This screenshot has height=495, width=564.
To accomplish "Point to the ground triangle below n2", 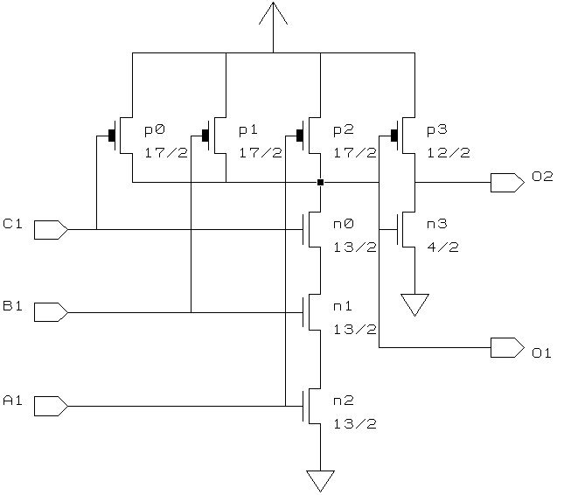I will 321,480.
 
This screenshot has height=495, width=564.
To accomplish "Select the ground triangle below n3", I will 414,303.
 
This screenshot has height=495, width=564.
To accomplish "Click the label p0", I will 154,129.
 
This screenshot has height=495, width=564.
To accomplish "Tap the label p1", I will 248,129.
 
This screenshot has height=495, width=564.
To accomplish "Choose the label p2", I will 343,129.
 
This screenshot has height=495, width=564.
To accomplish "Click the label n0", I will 343,224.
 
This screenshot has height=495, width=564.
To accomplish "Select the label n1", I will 343,307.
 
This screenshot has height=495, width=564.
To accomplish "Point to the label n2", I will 343,401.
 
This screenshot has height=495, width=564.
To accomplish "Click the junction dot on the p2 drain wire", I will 321,182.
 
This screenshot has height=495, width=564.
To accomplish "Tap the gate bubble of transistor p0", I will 111,136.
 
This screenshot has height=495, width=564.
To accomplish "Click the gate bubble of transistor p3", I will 394,136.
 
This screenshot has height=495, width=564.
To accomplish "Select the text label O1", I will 541,353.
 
